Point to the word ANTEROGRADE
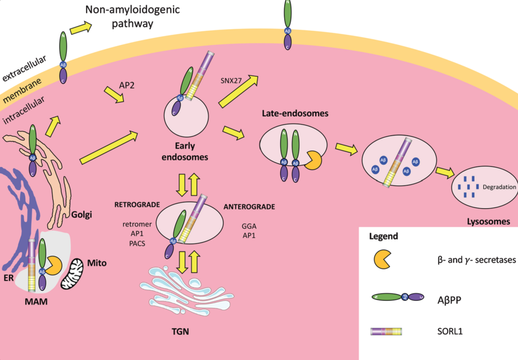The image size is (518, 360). (x=249, y=207)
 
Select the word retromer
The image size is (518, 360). (x=134, y=224)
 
